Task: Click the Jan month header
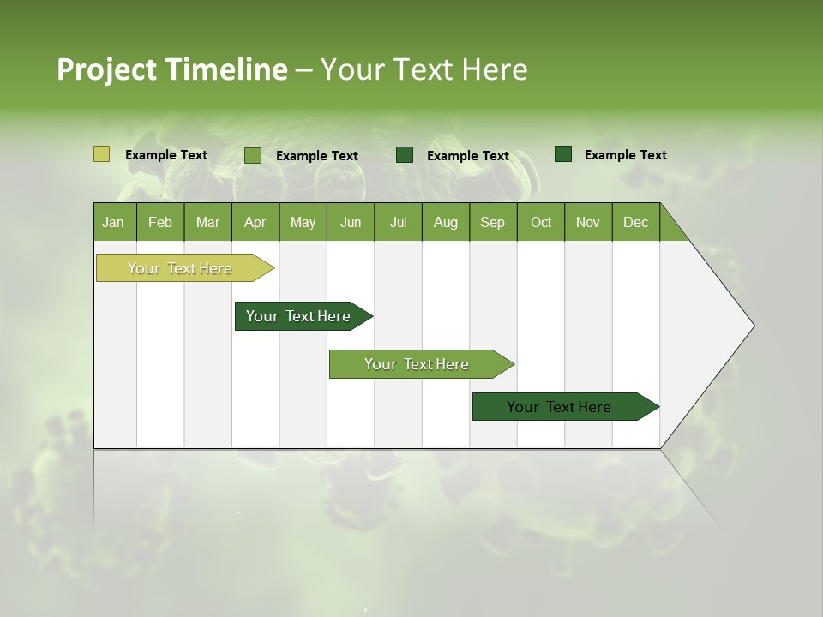114,222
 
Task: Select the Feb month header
160,222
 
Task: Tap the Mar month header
207,222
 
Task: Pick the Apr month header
255,222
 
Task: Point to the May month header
303,222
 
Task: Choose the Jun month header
351,222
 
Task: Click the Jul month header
398,222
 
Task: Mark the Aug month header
446,222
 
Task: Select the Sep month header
493,222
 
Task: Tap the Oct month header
541,222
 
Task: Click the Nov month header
588,222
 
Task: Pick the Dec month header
636,222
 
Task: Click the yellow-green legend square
101,154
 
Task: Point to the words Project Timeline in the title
172,69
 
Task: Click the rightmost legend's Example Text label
625,155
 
